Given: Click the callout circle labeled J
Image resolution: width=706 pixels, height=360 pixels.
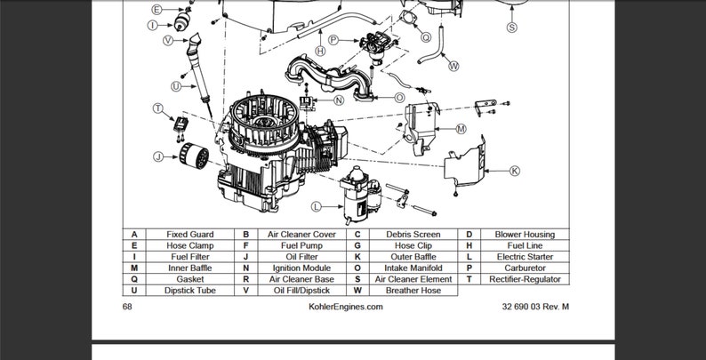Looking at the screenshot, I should (x=157, y=157).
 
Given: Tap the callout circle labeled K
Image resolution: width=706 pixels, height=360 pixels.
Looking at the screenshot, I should (x=514, y=170).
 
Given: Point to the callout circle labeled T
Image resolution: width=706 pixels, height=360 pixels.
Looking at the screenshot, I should (x=158, y=108).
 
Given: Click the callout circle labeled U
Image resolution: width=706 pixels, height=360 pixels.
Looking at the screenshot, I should (x=176, y=86).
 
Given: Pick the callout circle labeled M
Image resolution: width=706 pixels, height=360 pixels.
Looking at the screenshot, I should (x=461, y=129).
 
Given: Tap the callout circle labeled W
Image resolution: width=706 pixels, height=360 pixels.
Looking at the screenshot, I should (x=453, y=66).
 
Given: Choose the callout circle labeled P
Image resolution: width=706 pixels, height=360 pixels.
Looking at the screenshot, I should (x=333, y=40).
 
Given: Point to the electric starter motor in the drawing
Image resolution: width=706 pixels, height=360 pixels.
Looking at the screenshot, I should (x=359, y=194).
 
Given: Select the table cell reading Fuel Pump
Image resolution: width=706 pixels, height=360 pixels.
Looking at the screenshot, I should (x=301, y=246).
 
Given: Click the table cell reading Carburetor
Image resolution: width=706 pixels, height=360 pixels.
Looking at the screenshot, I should (x=525, y=268).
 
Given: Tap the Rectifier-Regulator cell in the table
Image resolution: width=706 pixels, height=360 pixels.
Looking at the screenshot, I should (x=525, y=279).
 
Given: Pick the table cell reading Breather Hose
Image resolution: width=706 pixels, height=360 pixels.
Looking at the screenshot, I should (x=413, y=291).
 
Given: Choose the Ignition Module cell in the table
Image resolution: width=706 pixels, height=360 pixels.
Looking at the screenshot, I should (x=301, y=268).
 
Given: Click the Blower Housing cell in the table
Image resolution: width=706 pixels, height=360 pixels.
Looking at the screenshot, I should (x=525, y=235).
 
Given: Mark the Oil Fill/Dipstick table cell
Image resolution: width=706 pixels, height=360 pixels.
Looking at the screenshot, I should (x=301, y=291).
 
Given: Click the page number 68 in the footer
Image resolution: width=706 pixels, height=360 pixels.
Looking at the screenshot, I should (x=127, y=307).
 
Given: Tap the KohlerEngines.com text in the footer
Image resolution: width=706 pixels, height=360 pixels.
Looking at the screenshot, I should (x=346, y=307).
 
